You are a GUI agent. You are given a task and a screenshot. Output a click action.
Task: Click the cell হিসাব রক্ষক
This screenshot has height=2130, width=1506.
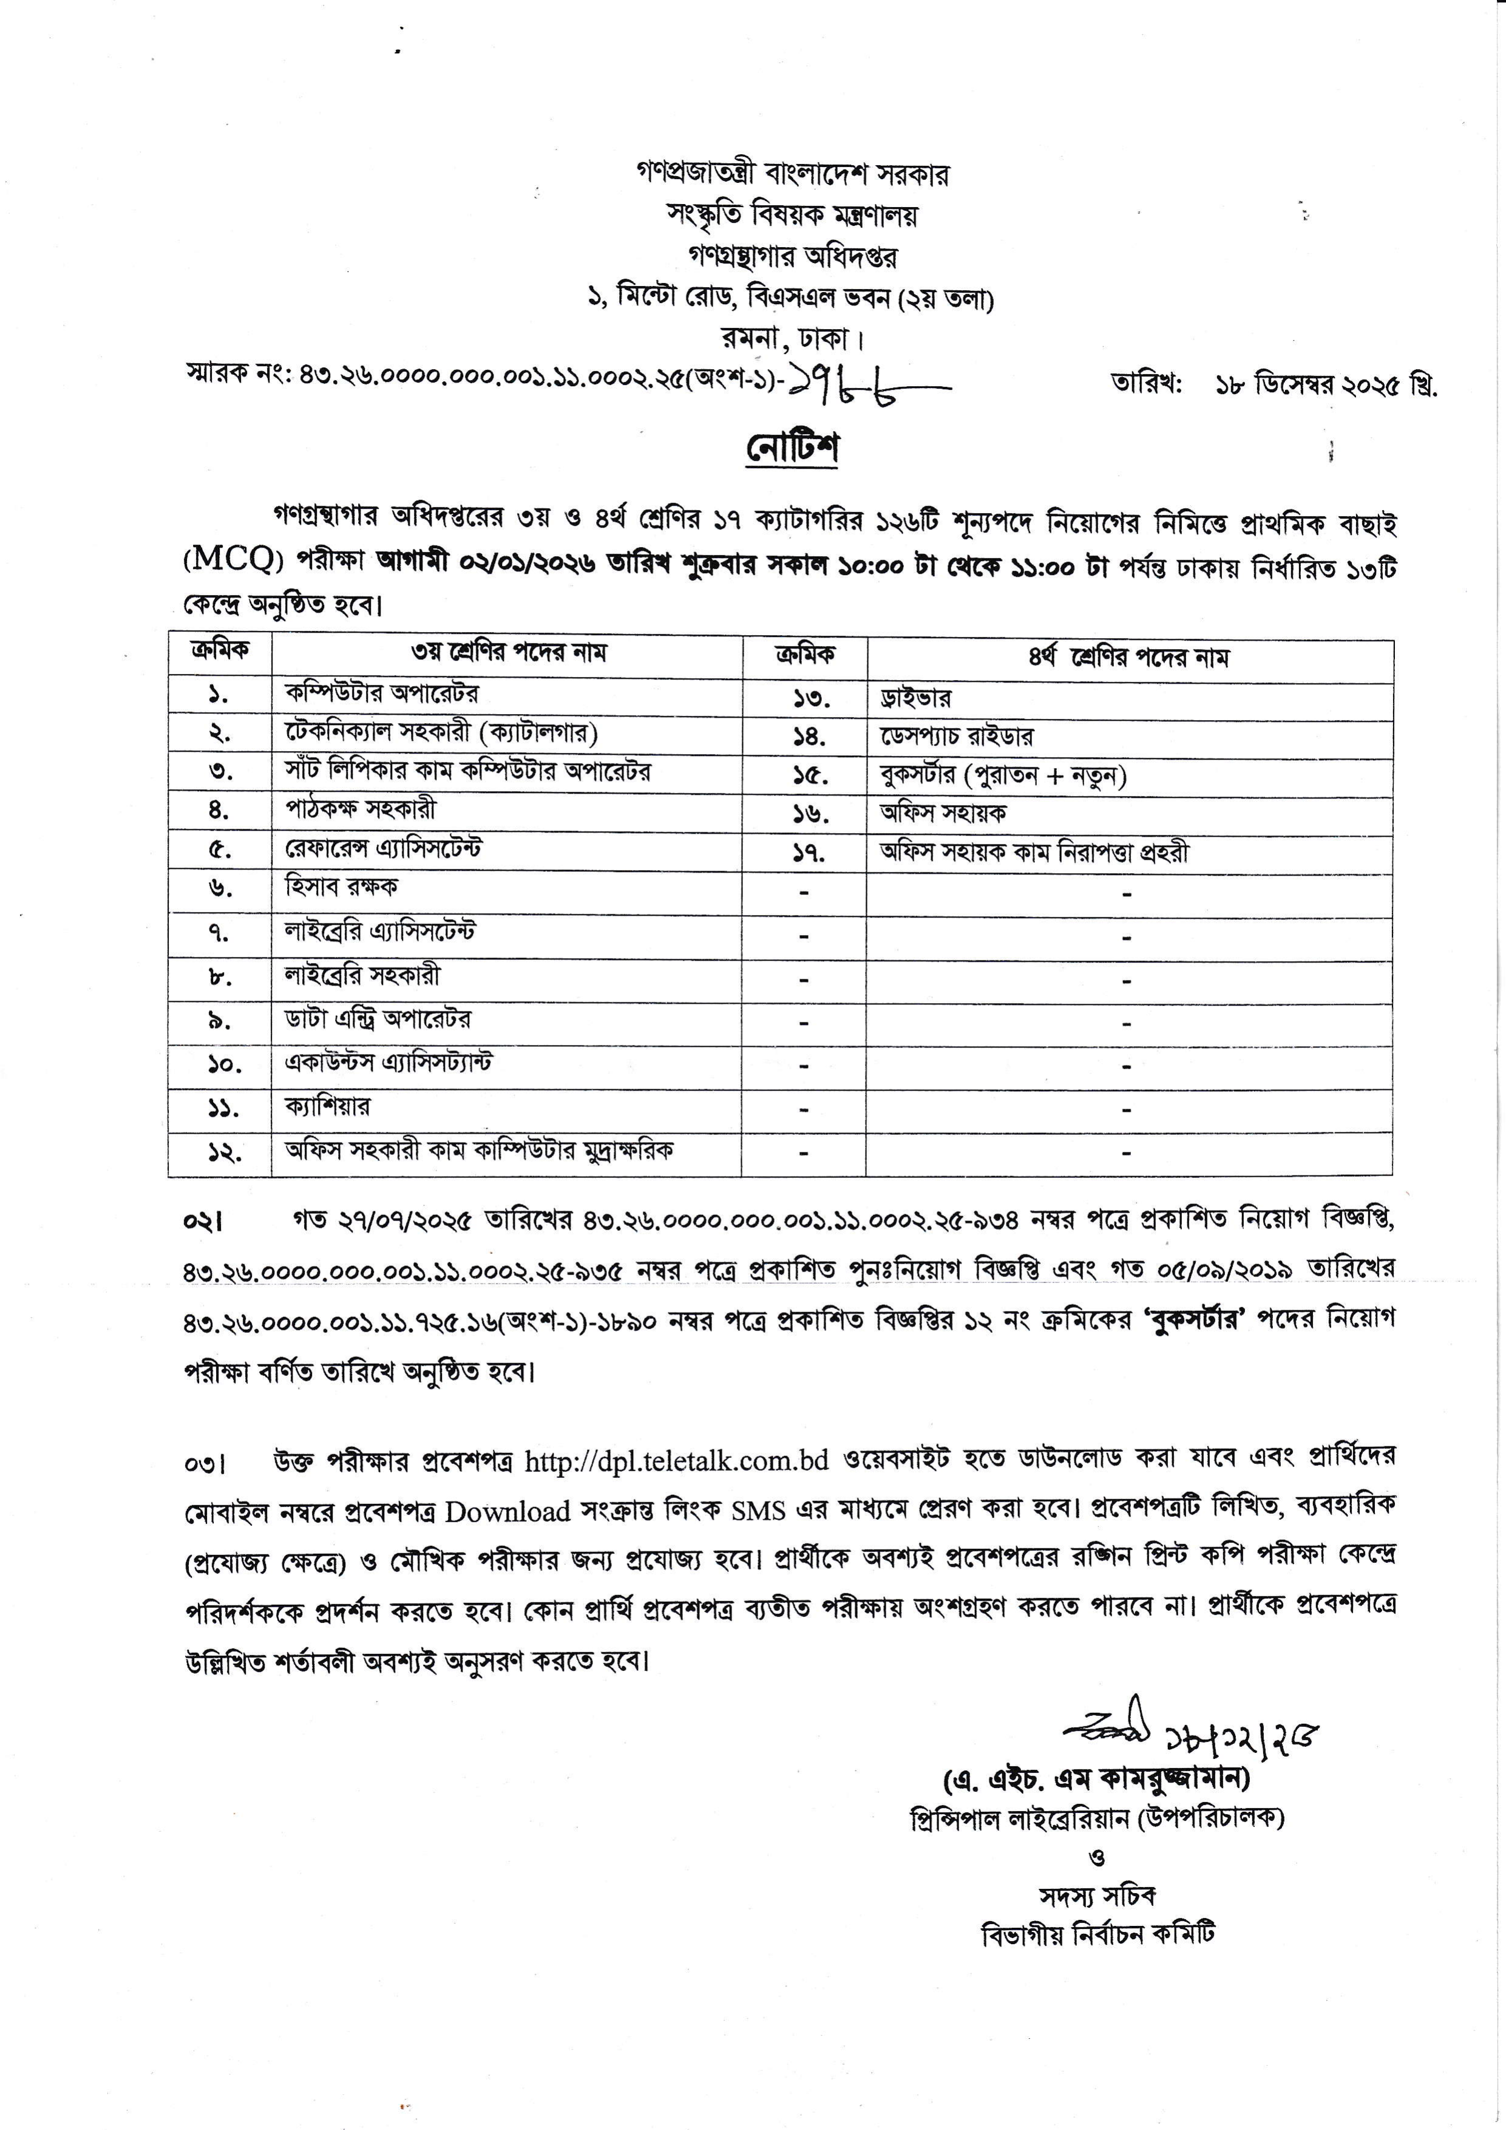pyautogui.click(x=341, y=887)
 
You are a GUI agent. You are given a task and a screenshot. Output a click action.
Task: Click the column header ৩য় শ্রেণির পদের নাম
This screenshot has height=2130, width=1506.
pyautogui.click(x=508, y=653)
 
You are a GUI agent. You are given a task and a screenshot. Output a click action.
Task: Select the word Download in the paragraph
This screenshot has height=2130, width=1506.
pyautogui.click(x=507, y=1511)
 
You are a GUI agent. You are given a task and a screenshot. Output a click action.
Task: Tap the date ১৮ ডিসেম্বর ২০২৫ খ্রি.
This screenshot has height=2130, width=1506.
pyautogui.click(x=1326, y=385)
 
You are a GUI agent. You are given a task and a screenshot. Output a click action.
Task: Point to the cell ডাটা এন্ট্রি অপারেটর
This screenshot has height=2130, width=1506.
pyautogui.click(x=378, y=1019)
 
